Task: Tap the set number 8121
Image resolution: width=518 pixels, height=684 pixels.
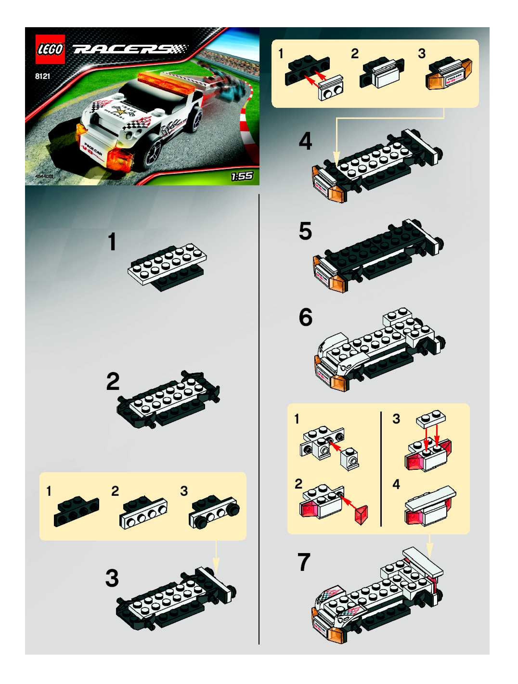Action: (x=43, y=76)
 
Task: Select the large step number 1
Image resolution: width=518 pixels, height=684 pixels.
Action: (x=112, y=242)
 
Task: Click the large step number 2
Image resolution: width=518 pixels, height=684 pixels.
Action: (x=113, y=382)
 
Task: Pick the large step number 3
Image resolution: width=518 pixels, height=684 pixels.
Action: (x=112, y=578)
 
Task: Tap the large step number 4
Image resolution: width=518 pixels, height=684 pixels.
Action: (x=305, y=142)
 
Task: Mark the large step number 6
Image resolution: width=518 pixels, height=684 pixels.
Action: (x=305, y=318)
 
